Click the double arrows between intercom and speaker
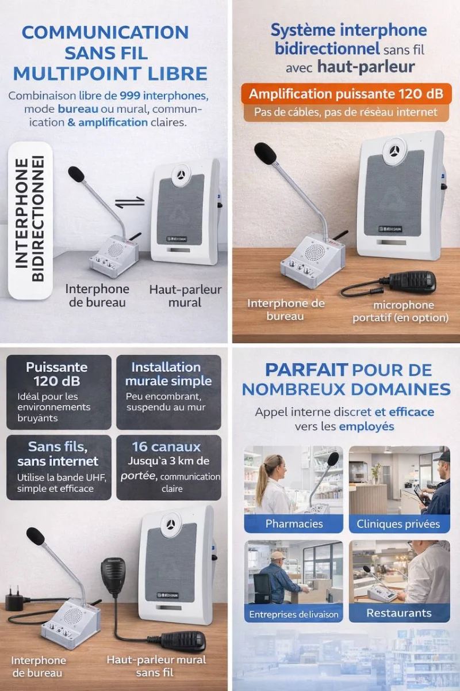point(130,202)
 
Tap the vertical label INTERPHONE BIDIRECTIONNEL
point(29,219)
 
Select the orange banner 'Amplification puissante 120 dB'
point(346,94)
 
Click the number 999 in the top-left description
point(130,96)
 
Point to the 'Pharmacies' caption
point(294,523)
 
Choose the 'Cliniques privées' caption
point(398,524)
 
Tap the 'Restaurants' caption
point(399,613)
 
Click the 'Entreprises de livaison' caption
point(294,614)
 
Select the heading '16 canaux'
point(166,447)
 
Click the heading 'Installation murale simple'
point(168,374)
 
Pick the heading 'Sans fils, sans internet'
point(57,454)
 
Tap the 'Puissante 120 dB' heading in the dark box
point(57,374)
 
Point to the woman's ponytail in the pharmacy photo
point(261,480)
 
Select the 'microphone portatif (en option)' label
point(401,312)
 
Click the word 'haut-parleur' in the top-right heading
point(366,67)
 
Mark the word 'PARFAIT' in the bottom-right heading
point(306,370)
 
